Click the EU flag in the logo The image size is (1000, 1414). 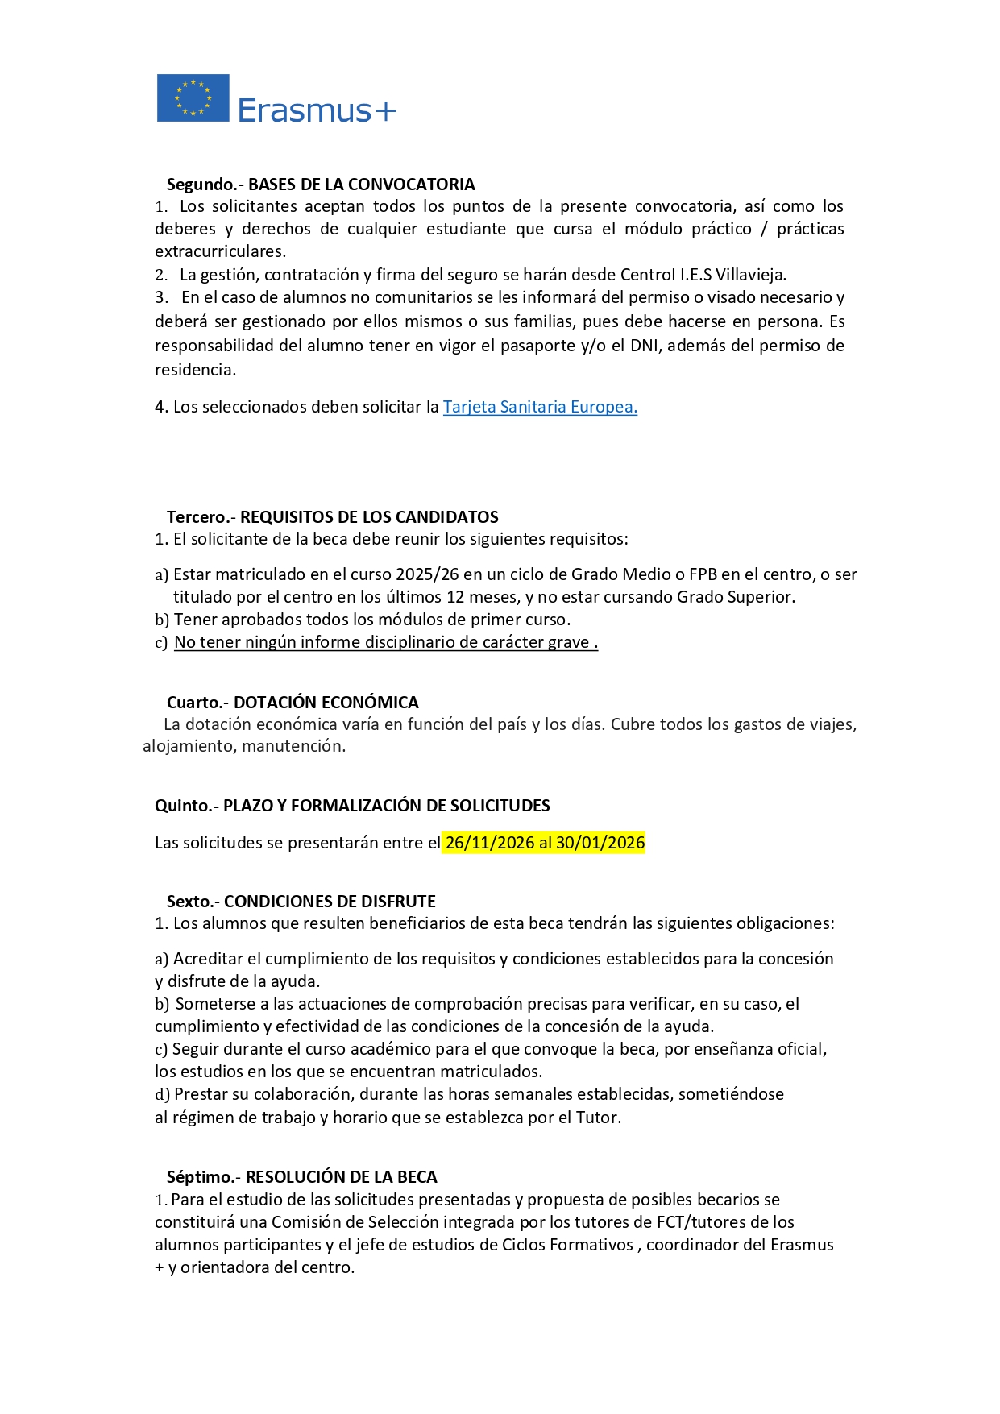tap(193, 98)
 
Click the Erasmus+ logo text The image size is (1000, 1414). tap(317, 110)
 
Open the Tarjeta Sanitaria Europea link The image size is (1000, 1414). tap(540, 407)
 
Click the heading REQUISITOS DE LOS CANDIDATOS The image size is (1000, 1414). tap(369, 517)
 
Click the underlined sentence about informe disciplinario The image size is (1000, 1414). tap(385, 642)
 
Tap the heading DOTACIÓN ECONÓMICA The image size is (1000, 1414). tap(326, 703)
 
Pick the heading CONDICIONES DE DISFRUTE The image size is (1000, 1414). tap(330, 902)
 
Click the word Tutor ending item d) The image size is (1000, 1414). tap(597, 1118)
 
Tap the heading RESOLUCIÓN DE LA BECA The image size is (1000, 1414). tap(341, 1177)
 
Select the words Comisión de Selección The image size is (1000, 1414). tap(355, 1222)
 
